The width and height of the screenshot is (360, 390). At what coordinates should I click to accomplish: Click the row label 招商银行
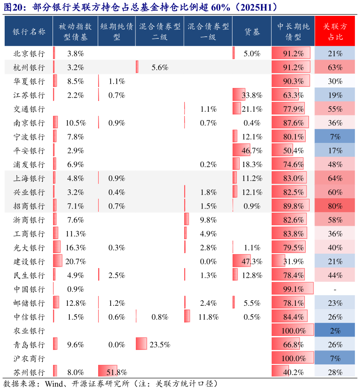[x=29, y=206]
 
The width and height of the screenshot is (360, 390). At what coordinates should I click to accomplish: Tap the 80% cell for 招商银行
[x=335, y=206]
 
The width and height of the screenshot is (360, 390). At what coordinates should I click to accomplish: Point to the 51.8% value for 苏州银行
[x=117, y=372]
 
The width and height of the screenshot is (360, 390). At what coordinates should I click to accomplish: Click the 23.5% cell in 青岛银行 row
[x=160, y=345]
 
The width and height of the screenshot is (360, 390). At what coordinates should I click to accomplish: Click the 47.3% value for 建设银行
[x=252, y=261]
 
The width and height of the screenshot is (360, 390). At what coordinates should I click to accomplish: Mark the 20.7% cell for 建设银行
[x=75, y=261]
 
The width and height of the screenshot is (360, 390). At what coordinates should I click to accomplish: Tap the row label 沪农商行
[x=29, y=359]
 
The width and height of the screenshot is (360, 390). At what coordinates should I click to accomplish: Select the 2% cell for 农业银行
[x=335, y=331]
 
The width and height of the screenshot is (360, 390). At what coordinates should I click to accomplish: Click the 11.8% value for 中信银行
[x=208, y=317]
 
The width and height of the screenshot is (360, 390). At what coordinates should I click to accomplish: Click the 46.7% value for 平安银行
[x=252, y=150]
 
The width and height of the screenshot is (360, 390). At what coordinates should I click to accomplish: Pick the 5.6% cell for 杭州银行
[x=160, y=67]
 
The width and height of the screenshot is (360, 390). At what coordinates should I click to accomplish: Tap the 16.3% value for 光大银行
[x=75, y=248]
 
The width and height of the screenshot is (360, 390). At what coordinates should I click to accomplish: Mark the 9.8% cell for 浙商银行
[x=208, y=220]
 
